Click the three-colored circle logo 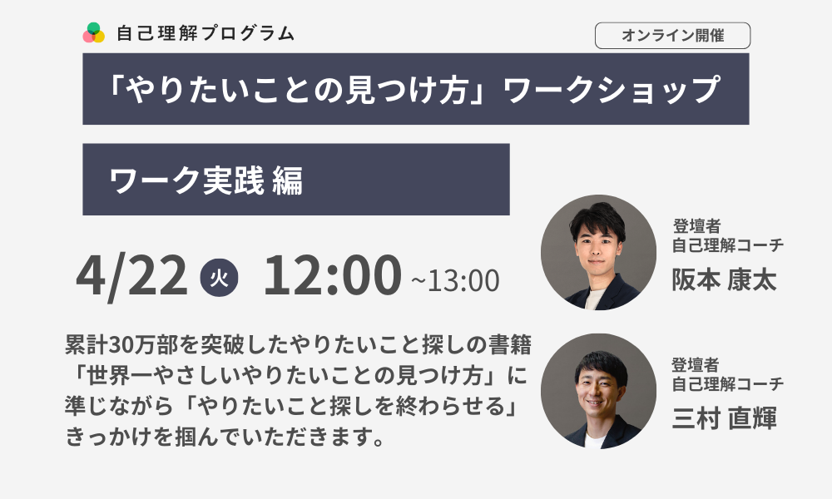point(94,33)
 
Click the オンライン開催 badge point(672,36)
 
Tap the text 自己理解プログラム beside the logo point(206,33)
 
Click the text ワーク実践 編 point(206,180)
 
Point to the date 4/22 point(131,276)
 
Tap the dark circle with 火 point(219,277)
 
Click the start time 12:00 point(332,275)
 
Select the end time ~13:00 point(455,280)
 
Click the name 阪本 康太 point(725,279)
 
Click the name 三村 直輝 point(725,417)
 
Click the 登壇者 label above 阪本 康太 point(696,226)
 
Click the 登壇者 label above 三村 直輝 point(696,365)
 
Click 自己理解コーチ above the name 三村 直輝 point(728,383)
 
